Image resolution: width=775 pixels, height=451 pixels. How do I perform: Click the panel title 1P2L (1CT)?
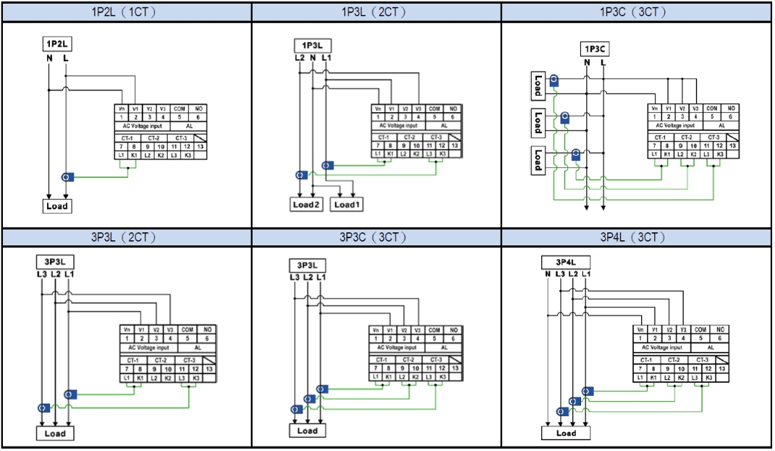tap(126, 12)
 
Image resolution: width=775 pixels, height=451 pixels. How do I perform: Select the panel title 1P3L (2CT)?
tap(376, 12)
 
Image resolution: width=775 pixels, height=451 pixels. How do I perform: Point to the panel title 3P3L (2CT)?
tap(126, 237)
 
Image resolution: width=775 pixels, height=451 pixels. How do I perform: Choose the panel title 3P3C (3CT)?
tap(376, 237)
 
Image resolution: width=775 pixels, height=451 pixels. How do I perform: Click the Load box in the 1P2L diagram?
tap(56, 206)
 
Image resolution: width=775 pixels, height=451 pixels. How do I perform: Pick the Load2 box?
tap(306, 205)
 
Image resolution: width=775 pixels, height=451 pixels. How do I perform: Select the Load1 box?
tap(347, 205)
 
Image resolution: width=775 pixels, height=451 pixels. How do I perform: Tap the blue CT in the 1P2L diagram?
tap(67, 177)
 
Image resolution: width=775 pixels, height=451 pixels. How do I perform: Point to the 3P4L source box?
tap(565, 262)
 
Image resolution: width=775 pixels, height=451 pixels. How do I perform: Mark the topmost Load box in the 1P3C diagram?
tap(538, 85)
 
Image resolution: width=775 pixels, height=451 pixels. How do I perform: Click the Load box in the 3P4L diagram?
tap(566, 433)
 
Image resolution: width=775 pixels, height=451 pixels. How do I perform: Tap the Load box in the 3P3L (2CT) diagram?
tap(55, 434)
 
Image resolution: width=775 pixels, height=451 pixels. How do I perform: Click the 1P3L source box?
tap(312, 45)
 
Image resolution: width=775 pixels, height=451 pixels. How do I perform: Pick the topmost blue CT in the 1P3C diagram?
tap(554, 80)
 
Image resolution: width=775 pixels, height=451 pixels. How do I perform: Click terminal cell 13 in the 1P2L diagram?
tap(200, 146)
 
